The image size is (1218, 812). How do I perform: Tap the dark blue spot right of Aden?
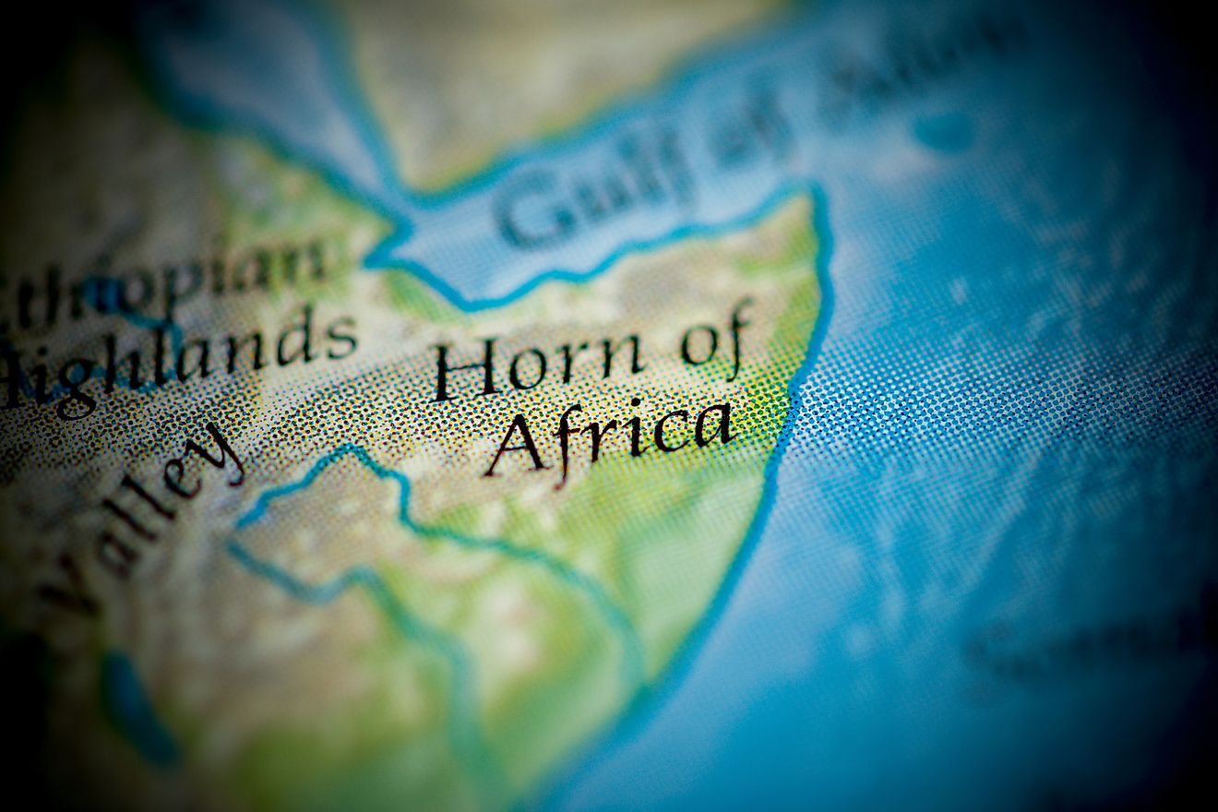(946, 134)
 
